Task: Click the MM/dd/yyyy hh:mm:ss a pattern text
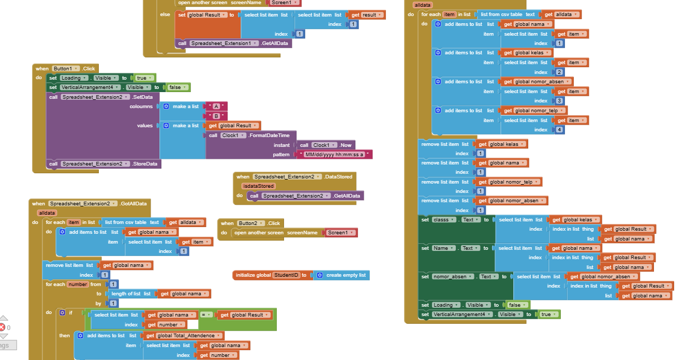pos(334,155)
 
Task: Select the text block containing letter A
pos(216,106)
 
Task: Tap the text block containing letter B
pos(216,116)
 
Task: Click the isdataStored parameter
pos(258,186)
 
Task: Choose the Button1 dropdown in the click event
pos(66,68)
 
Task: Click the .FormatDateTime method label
pos(269,136)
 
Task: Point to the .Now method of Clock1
pos(345,145)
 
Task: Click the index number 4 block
pos(559,130)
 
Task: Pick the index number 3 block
pos(559,101)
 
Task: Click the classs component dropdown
pos(444,220)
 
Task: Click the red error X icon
pos(3,327)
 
